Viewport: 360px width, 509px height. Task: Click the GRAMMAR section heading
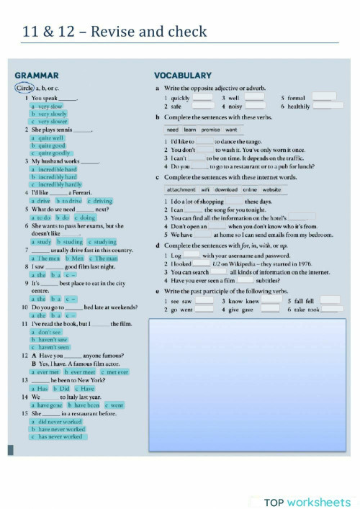click(37, 75)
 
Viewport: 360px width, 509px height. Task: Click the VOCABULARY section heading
click(183, 75)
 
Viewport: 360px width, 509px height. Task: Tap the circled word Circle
click(24, 88)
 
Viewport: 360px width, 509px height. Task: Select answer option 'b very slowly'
click(48, 114)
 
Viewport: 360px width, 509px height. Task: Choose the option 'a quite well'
click(47, 138)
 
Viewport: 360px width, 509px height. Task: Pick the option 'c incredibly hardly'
click(55, 184)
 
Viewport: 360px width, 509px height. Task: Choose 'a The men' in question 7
click(45, 258)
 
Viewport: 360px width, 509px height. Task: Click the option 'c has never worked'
click(57, 436)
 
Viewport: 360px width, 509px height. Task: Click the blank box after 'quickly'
click(203, 96)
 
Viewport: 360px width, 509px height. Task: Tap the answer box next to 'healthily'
click(322, 106)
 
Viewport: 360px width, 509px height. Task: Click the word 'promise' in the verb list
click(210, 130)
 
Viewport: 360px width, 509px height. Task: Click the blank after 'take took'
click(331, 309)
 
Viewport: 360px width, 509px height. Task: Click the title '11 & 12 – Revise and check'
click(114, 31)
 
